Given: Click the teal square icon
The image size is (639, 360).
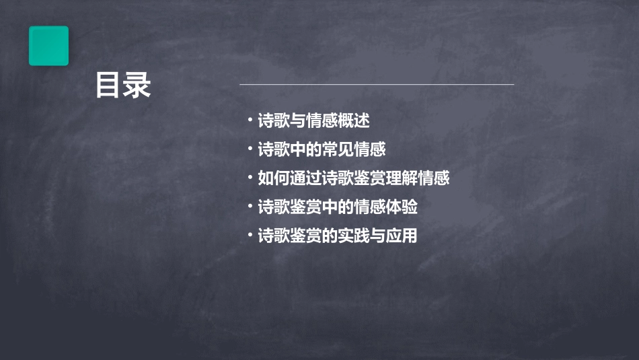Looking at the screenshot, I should (48, 46).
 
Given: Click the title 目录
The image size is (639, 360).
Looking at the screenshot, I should (123, 85).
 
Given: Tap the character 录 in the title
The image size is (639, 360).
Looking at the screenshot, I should (137, 85).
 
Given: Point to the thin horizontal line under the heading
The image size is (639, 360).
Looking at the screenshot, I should (377, 85).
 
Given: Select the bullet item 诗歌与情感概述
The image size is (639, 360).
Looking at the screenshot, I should (313, 121).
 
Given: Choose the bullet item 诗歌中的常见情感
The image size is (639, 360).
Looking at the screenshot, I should (322, 149).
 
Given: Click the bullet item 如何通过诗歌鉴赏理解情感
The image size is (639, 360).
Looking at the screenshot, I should (353, 178).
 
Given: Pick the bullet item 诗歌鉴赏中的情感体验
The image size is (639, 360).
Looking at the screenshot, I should (338, 207).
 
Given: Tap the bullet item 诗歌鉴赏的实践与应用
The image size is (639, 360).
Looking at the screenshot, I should (338, 236).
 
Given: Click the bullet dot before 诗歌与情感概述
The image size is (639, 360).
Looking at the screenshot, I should (250, 120).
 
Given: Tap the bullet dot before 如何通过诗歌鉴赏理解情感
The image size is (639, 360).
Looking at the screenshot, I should (250, 178).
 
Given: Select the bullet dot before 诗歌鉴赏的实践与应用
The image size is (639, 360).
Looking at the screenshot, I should (250, 236).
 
